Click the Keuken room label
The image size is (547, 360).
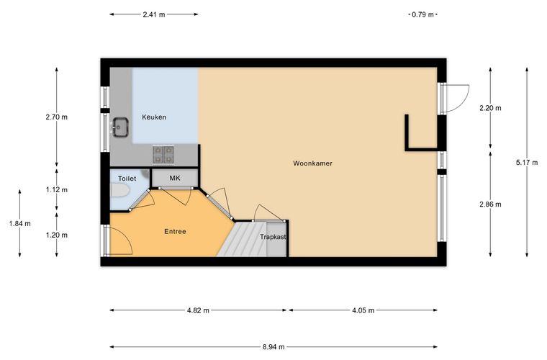(154, 117)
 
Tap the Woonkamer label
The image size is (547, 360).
(312, 163)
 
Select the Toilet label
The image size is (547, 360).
(127, 179)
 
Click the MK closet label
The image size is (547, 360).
(175, 178)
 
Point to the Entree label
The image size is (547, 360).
(175, 231)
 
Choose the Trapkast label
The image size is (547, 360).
(273, 236)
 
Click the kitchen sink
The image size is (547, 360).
(120, 127)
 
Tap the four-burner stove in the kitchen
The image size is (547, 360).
(163, 155)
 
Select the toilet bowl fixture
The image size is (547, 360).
(120, 191)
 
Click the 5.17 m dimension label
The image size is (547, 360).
(527, 162)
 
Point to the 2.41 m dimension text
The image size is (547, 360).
(154, 14)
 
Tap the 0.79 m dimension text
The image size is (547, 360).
(422, 14)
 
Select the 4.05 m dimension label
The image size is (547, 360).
(363, 310)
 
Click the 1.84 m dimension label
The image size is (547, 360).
(20, 224)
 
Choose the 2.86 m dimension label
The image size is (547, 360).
(490, 204)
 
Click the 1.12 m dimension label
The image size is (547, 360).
(57, 190)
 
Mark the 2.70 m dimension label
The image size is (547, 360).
(57, 117)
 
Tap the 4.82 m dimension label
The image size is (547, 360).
(198, 310)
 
